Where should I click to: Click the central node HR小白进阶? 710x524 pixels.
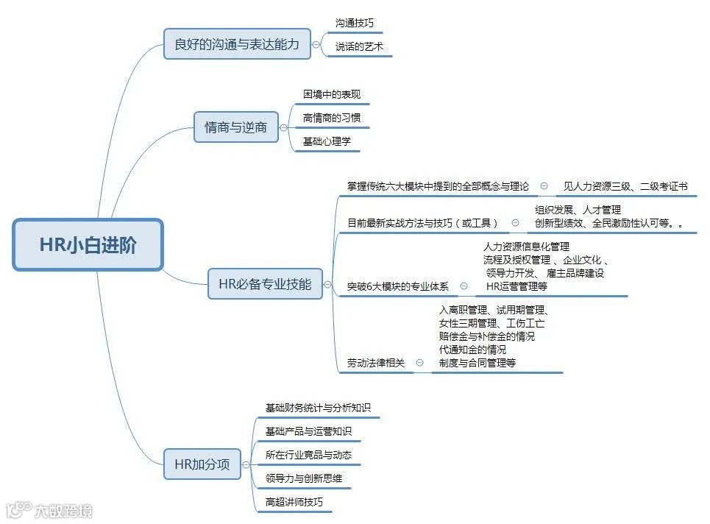tap(88, 245)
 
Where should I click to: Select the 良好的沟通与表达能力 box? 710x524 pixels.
tap(237, 44)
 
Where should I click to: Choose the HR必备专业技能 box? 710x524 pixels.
tap(265, 283)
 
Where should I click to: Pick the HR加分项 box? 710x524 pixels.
tap(202, 464)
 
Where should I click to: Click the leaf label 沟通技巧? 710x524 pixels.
tap(354, 24)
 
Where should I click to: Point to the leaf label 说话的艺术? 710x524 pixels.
tap(359, 47)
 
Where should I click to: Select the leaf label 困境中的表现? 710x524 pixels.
tap(332, 95)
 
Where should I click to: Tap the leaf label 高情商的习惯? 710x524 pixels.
tap(332, 118)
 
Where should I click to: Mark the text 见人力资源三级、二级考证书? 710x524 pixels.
tap(625, 187)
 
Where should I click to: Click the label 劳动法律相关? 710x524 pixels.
tap(376, 363)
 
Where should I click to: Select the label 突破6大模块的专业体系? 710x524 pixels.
tap(397, 287)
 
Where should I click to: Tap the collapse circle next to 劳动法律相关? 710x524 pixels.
tap(419, 362)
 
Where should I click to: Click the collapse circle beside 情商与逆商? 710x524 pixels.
tap(283, 127)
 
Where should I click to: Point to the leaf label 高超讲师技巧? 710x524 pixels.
tap(294, 503)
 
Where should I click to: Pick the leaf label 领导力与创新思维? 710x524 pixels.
tap(303, 478)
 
